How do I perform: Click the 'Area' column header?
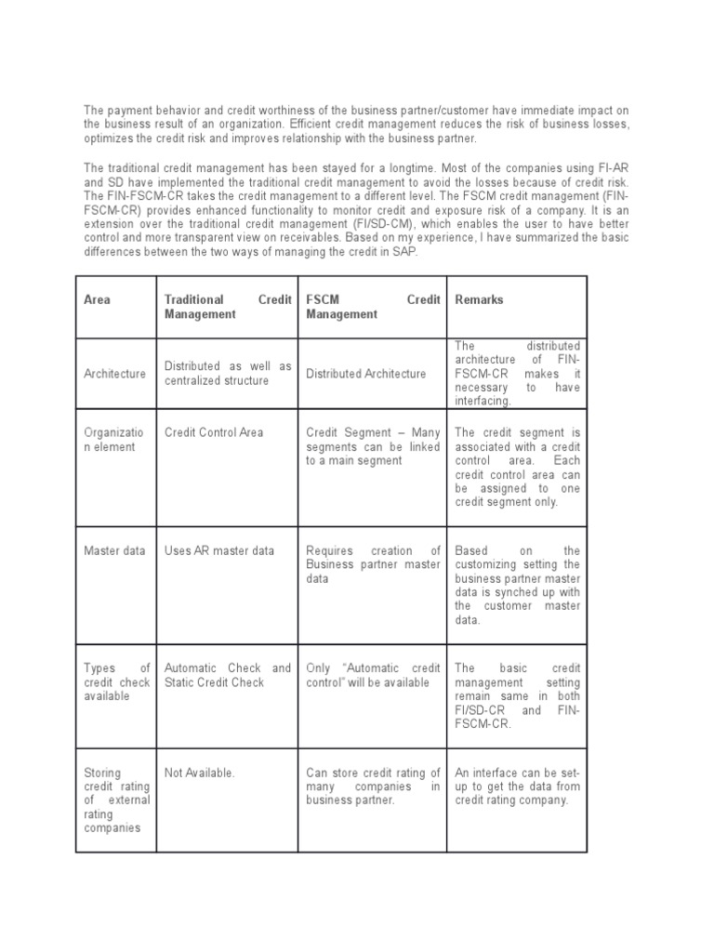click(x=97, y=300)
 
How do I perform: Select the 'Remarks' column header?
click(x=479, y=300)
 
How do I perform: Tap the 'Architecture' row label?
click(x=114, y=374)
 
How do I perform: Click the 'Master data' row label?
click(x=114, y=550)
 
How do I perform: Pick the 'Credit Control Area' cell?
click(x=213, y=432)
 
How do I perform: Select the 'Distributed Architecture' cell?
click(x=365, y=374)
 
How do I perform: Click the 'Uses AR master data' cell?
click(x=218, y=550)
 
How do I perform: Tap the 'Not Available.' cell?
click(x=199, y=772)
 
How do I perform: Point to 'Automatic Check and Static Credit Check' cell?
click(x=227, y=675)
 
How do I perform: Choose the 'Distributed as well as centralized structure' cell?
click(x=227, y=374)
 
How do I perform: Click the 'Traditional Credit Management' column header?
click(x=227, y=307)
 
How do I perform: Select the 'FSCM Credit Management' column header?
click(x=373, y=307)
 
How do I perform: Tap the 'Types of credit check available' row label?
click(x=117, y=681)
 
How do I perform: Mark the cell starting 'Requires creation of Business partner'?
click(x=373, y=564)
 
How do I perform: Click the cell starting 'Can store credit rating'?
click(x=373, y=786)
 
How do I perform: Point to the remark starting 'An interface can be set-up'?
click(x=517, y=786)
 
